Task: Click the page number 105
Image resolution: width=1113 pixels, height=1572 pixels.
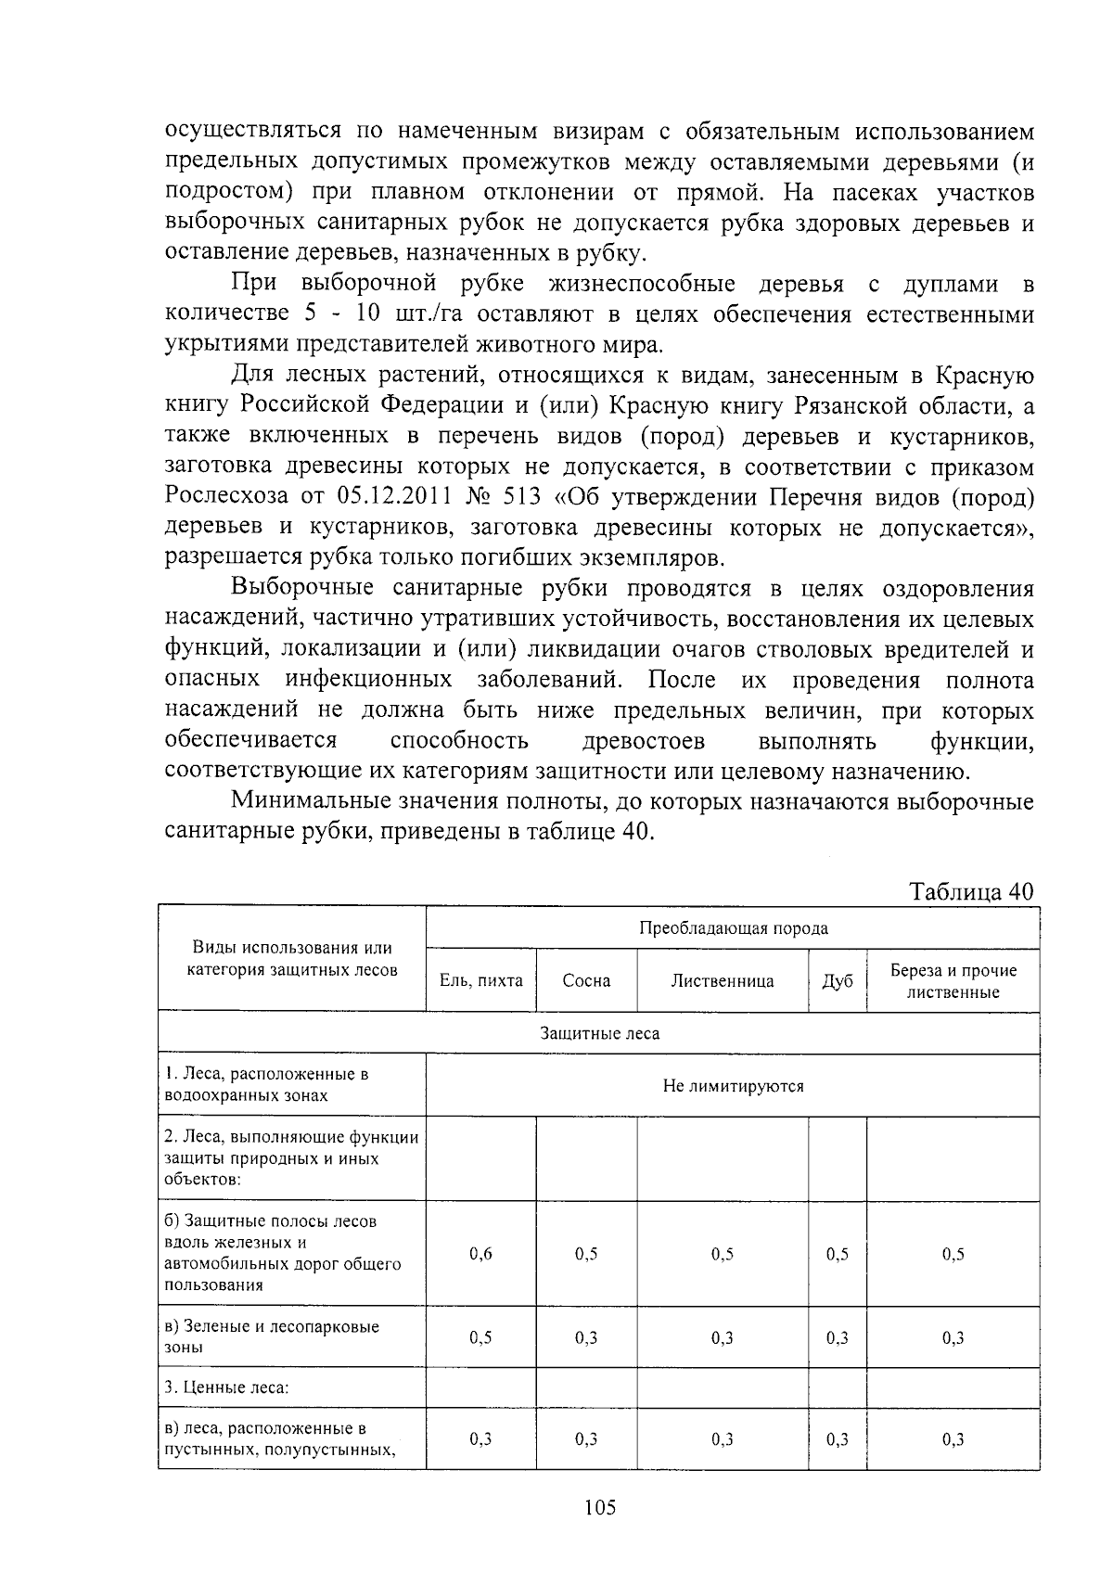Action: coord(600,1507)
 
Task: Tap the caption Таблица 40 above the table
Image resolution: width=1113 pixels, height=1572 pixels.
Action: coord(971,891)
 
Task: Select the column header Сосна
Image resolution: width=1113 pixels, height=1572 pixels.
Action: coord(586,980)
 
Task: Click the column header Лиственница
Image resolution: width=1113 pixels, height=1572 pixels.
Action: coord(723,980)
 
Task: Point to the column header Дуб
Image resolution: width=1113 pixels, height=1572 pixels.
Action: coord(837,980)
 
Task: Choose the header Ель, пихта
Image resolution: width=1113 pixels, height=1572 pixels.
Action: coord(480,980)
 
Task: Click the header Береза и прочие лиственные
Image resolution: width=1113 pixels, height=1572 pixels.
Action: coord(953,980)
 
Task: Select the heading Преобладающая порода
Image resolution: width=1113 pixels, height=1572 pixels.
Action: coord(733,927)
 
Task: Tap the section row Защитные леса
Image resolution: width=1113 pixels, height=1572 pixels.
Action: coord(599,1033)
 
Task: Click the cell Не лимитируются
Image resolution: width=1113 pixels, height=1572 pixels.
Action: coord(733,1085)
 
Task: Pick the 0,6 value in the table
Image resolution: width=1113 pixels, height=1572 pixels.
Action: coord(480,1254)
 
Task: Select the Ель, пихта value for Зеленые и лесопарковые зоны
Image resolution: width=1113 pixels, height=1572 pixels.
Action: coord(480,1337)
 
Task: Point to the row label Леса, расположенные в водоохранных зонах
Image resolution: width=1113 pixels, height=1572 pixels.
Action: coord(266,1084)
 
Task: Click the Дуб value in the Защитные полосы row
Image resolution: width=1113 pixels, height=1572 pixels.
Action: coord(837,1254)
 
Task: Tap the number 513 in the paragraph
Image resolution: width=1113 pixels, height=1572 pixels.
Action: coord(525,496)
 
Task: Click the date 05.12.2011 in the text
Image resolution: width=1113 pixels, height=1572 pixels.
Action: coord(378,496)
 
